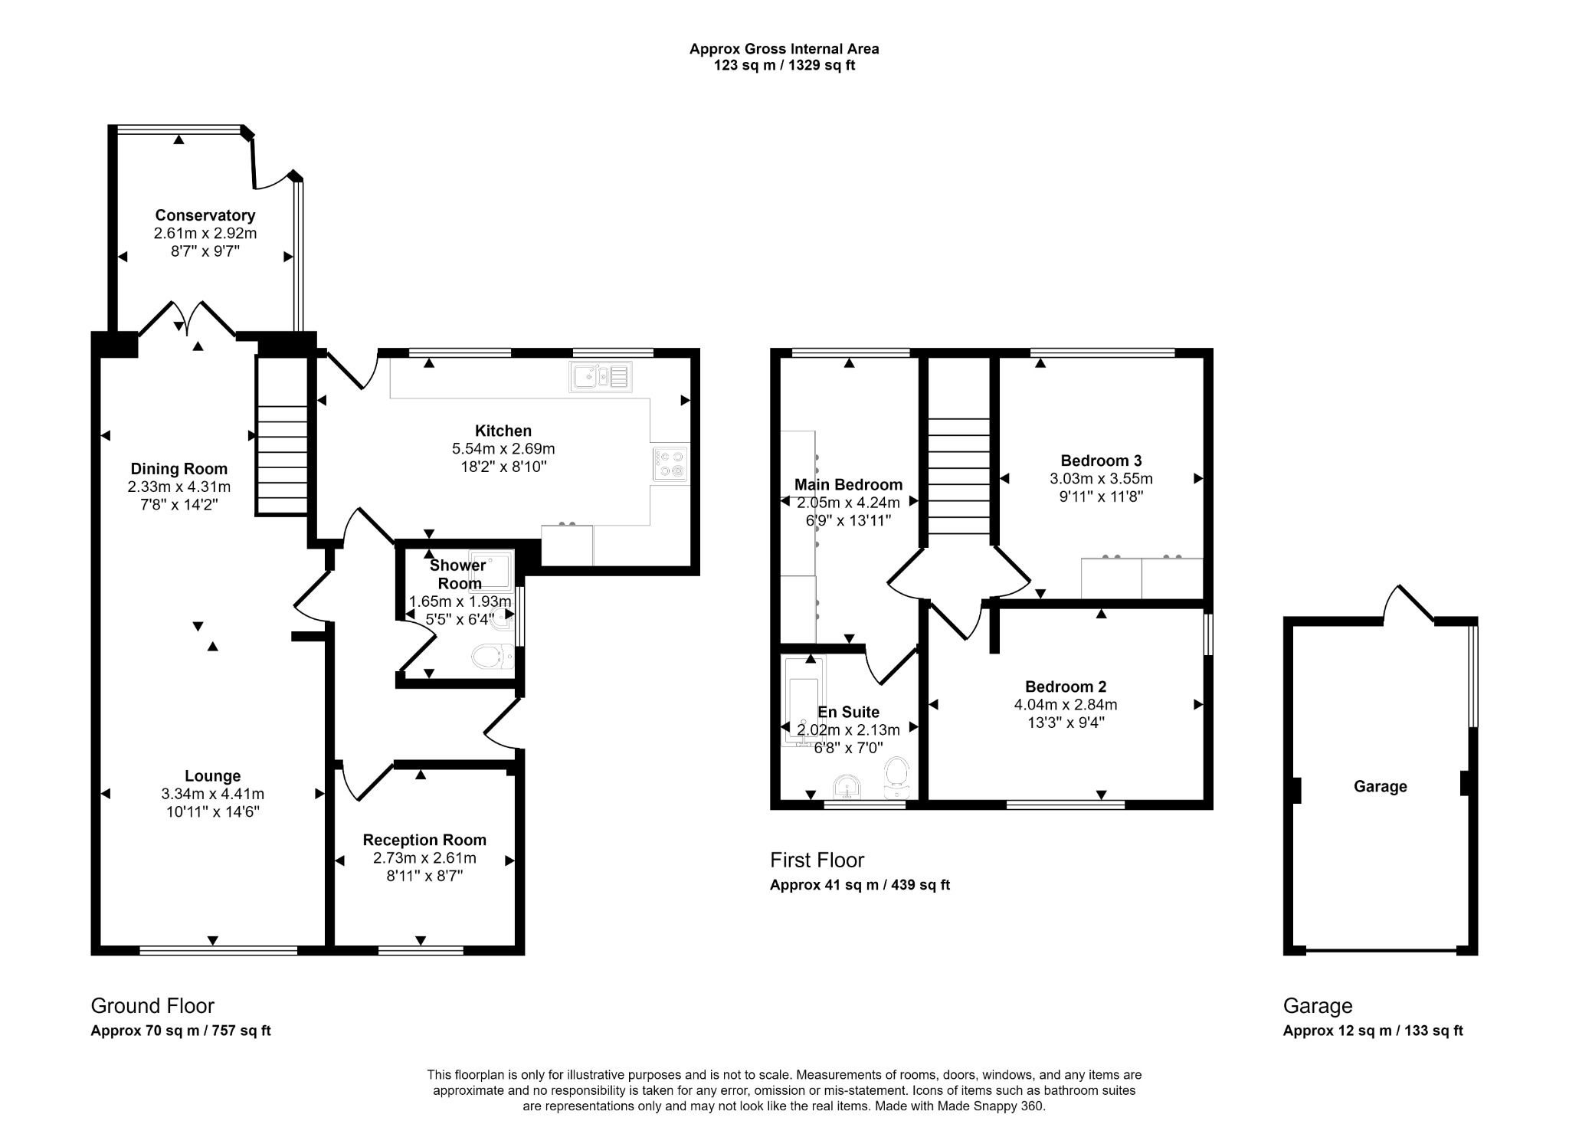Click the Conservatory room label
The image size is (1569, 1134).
pos(205,215)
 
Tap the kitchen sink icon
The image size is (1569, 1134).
pos(600,376)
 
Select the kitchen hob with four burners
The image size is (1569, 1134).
pos(670,464)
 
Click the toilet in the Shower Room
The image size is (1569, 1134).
pos(493,657)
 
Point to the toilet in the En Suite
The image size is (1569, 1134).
pos(896,773)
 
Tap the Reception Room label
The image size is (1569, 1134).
pos(424,840)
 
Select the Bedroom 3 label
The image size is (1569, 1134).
pos(1101,460)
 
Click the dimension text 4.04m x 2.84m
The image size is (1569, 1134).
pos(1065,704)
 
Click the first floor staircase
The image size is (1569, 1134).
pos(958,475)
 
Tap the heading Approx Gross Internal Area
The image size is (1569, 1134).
pos(784,49)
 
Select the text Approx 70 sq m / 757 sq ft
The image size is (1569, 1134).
pos(181,1031)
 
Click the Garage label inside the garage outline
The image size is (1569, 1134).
pos(1380,786)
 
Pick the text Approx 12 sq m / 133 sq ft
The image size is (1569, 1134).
pos(1373,1031)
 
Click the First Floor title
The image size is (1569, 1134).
pos(817,860)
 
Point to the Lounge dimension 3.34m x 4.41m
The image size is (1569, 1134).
pos(212,794)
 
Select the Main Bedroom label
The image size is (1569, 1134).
pos(848,484)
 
